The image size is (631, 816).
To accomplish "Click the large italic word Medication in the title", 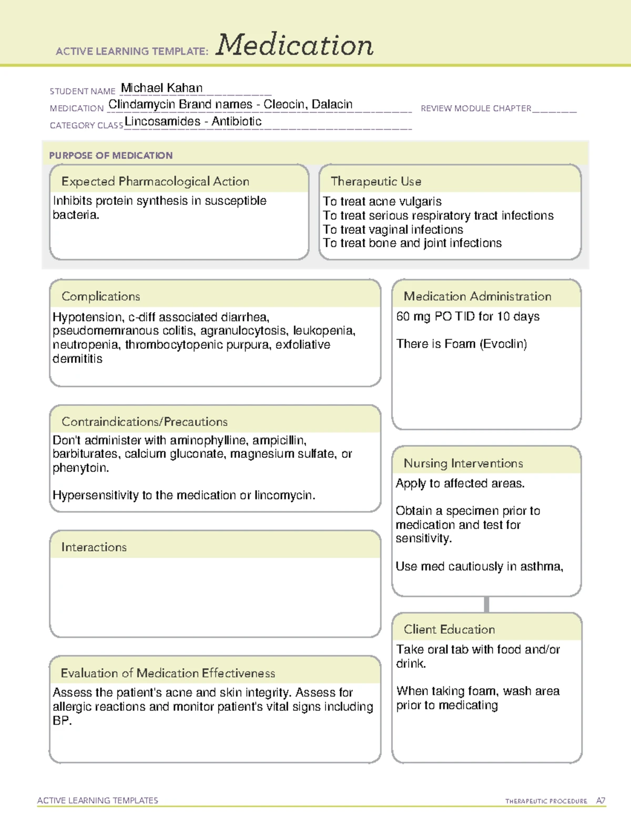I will click(294, 45).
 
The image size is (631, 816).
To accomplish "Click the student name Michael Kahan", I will click(161, 88).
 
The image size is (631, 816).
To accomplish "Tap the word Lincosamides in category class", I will click(162, 121).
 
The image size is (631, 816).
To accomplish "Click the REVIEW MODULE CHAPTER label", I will click(476, 108).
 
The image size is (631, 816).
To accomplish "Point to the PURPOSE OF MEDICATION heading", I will click(110, 156).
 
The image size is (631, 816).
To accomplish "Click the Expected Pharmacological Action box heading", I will click(155, 181).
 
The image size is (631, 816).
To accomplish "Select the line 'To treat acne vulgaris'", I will click(382, 201).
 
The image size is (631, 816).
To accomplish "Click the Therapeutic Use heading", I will click(376, 181).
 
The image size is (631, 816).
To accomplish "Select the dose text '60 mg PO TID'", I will click(435, 316).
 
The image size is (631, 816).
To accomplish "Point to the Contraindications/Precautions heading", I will click(145, 421).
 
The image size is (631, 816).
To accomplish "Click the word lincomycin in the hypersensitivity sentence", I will click(284, 495).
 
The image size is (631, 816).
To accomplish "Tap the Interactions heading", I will click(94, 547).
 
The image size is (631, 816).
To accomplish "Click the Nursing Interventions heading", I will click(463, 463).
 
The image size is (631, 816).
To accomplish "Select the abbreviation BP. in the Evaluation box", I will click(62, 721).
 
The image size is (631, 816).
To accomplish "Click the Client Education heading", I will click(449, 629).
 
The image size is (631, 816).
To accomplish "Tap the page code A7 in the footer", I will click(600, 801).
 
